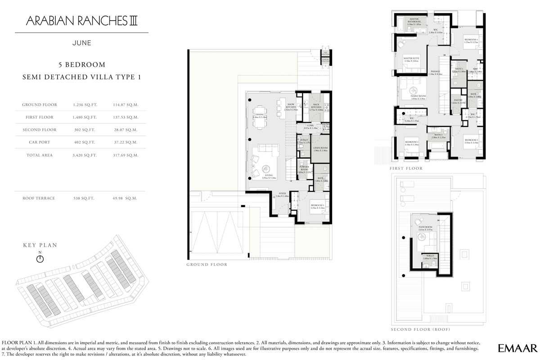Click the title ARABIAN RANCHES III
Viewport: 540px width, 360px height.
click(81, 21)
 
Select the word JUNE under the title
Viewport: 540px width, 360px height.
click(81, 43)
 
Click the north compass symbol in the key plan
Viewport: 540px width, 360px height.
click(40, 259)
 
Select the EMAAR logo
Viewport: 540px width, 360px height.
click(517, 347)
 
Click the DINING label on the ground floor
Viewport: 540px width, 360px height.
click(260, 115)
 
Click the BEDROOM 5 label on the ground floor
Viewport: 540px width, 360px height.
click(317, 205)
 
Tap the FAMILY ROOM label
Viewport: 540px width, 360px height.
click(418, 96)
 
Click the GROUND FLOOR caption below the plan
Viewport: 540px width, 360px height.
click(207, 265)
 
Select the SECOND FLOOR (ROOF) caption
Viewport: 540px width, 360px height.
click(418, 329)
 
